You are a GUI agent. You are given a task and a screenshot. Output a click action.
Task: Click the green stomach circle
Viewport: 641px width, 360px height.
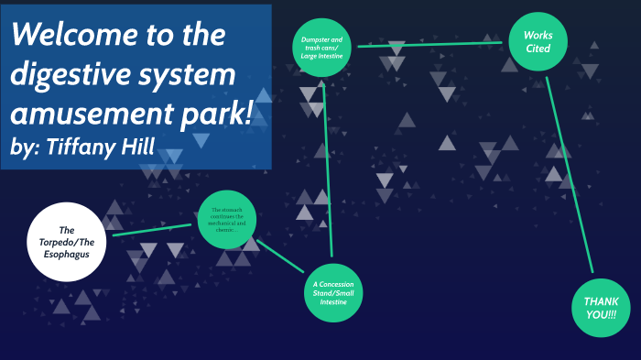[x=226, y=220]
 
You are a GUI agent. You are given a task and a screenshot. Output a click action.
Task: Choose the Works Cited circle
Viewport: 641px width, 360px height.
[x=538, y=42]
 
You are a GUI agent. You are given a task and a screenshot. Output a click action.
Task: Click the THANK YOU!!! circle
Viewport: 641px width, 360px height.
[x=601, y=308]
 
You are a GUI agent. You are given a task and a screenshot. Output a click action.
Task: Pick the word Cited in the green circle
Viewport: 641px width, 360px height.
[x=538, y=49]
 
